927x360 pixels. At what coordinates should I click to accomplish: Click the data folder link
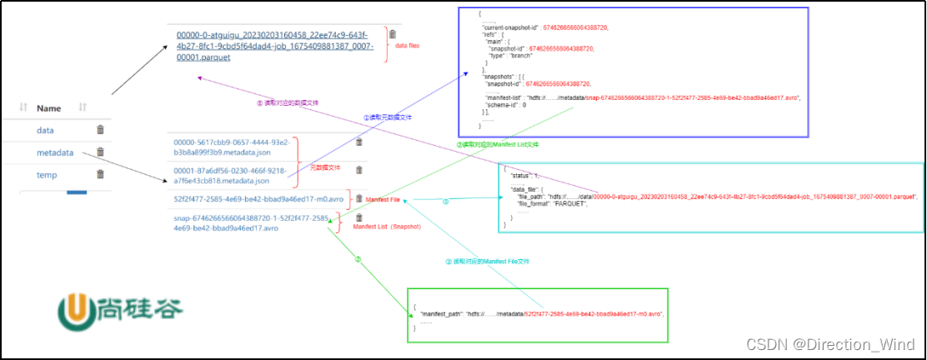pyautogui.click(x=45, y=130)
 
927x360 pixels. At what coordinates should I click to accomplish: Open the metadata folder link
pyautogui.click(x=55, y=152)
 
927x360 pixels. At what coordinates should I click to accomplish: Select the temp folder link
pyautogui.click(x=47, y=174)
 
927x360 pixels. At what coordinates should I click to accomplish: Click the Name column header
pyautogui.click(x=49, y=107)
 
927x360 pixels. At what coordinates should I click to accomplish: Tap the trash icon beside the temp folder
pyautogui.click(x=100, y=174)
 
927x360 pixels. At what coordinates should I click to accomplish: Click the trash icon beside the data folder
pyautogui.click(x=100, y=130)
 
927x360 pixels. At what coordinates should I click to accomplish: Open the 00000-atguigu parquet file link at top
pyautogui.click(x=280, y=46)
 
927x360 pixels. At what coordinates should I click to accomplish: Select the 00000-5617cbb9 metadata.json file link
pyautogui.click(x=231, y=147)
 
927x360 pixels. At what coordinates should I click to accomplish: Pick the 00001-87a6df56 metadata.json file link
pyautogui.click(x=231, y=174)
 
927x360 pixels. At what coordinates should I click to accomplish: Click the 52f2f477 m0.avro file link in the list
pyautogui.click(x=258, y=199)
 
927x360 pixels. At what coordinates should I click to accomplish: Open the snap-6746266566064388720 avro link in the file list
pyautogui.click(x=249, y=222)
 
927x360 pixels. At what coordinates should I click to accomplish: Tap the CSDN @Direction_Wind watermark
pyautogui.click(x=829, y=345)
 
